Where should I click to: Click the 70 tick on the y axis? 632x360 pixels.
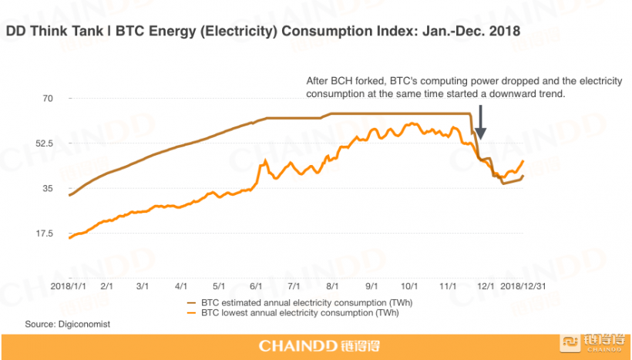click(48, 99)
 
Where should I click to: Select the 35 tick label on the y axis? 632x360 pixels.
click(48, 189)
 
